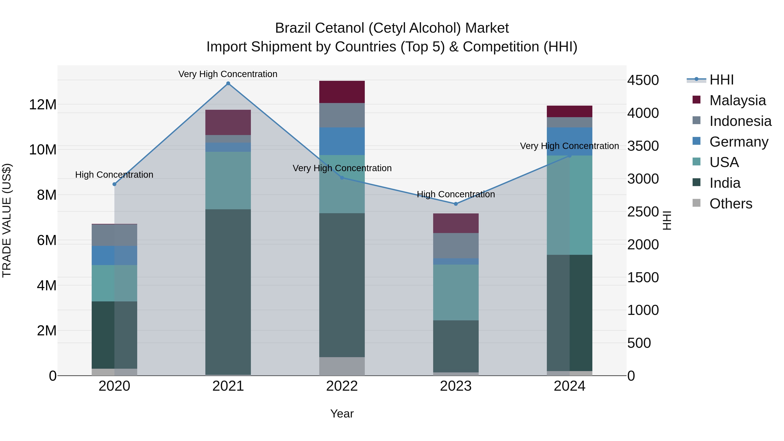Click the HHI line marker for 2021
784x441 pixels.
point(228,83)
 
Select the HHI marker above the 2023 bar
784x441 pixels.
point(456,204)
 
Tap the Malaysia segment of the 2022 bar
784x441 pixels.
point(342,92)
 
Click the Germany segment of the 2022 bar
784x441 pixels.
point(342,141)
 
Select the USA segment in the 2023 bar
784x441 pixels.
point(456,292)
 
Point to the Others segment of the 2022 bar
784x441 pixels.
point(342,366)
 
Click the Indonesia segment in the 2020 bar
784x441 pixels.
point(114,235)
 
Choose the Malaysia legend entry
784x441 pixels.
point(737,100)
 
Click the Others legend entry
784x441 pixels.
point(730,204)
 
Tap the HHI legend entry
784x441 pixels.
point(721,80)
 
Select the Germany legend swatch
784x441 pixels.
point(696,141)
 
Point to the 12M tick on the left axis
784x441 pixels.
point(43,105)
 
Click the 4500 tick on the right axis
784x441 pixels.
point(643,80)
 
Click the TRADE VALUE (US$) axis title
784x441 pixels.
point(7,220)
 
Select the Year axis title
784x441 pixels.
point(342,414)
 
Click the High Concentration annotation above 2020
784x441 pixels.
point(114,175)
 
